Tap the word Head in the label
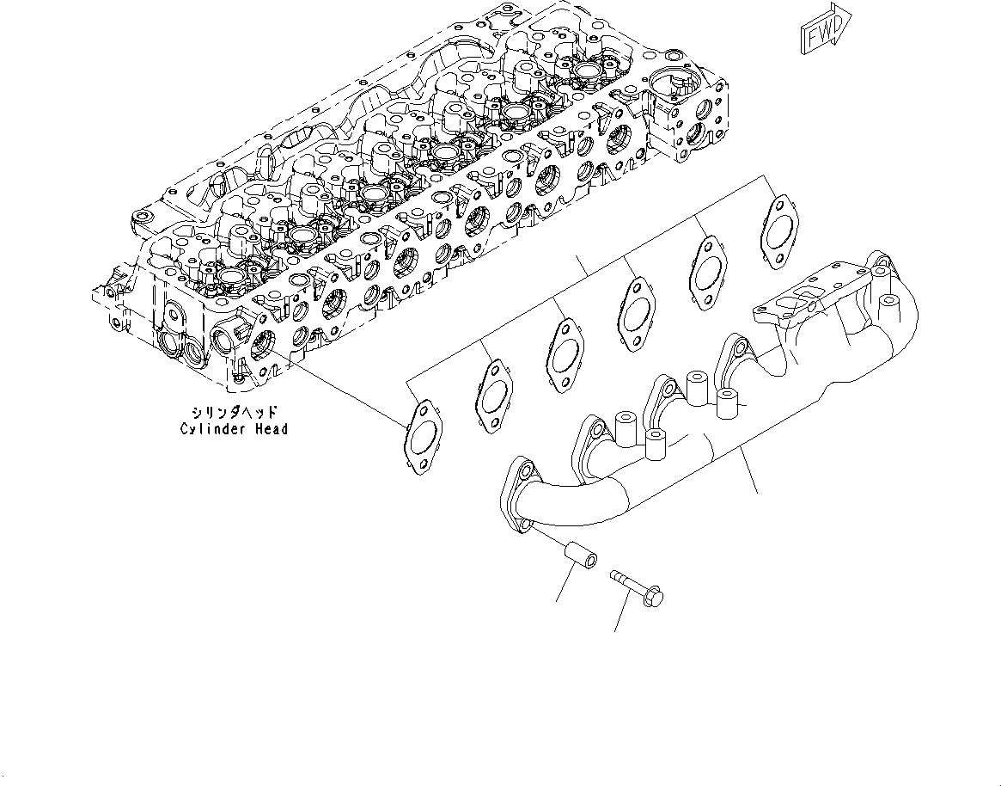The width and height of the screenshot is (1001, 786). coord(270,428)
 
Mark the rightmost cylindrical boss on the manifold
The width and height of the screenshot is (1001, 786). coord(728,400)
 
